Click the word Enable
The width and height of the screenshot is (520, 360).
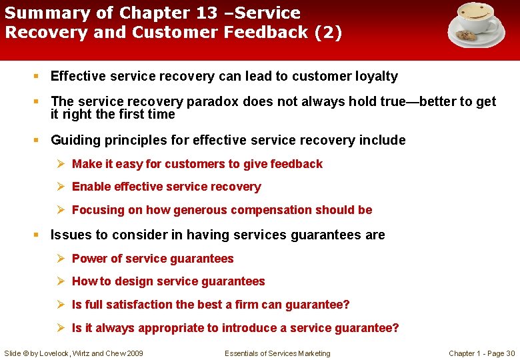coord(91,187)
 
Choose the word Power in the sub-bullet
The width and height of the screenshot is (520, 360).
coord(89,259)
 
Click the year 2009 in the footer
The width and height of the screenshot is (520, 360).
coord(133,353)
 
